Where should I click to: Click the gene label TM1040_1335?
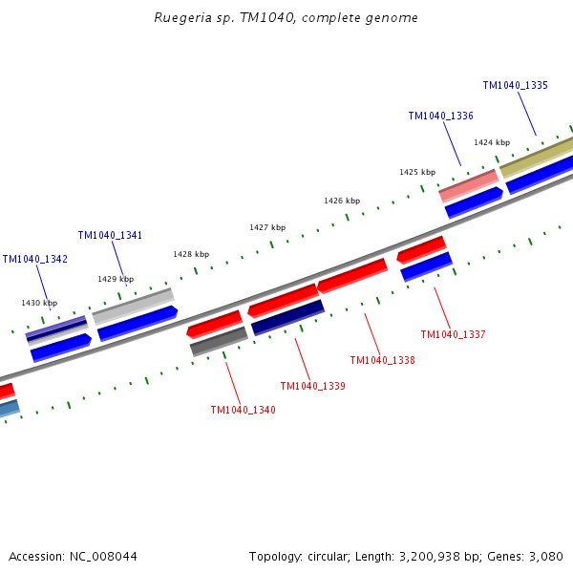515,86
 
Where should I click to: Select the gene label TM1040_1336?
440,117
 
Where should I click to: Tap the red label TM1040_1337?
453,335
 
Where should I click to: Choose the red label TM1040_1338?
382,361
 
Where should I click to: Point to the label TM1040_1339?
312,387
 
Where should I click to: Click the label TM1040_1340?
243,411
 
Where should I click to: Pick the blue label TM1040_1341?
110,236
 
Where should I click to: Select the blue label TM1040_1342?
34,260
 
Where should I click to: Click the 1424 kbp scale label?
492,143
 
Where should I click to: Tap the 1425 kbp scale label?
417,173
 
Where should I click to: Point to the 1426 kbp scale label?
342,202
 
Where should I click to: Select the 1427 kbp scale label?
267,228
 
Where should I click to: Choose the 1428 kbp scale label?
191,255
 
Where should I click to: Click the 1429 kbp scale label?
116,280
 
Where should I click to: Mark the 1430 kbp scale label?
39,303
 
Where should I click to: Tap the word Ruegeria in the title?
183,18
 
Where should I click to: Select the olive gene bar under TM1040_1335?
537,156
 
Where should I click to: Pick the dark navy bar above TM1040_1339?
287,318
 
